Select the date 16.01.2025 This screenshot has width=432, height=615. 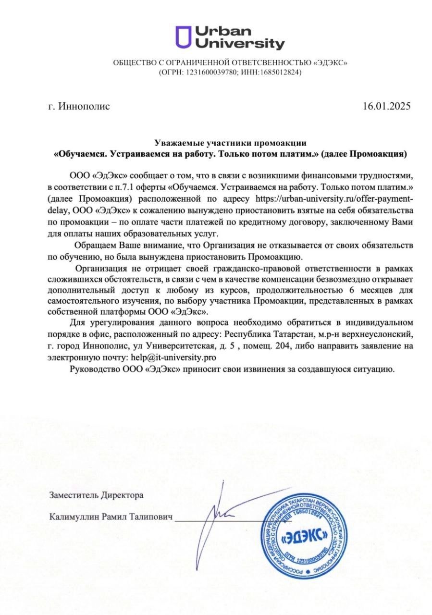[387, 106]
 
